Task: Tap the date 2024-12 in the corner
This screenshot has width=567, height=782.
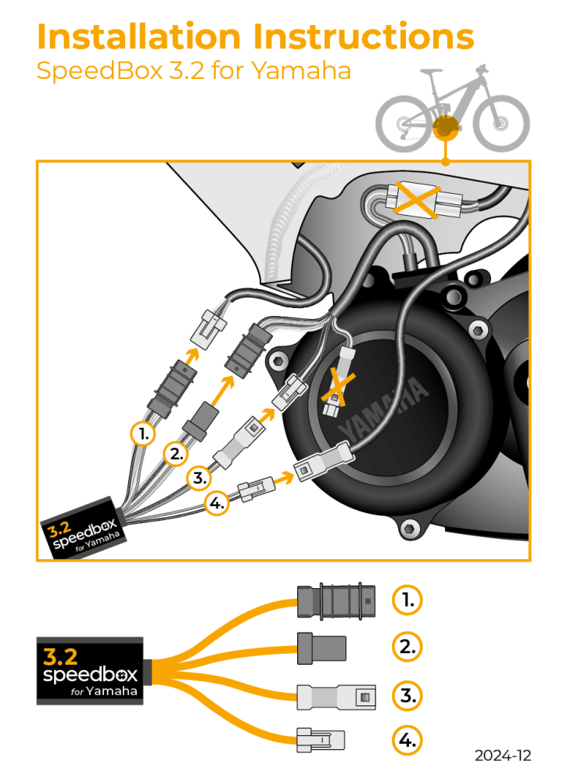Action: (x=502, y=755)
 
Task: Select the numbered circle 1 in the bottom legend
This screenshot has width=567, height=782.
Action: (x=406, y=600)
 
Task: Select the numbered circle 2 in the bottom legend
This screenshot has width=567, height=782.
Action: (x=406, y=646)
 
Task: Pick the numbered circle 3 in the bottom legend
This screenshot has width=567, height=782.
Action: (x=406, y=694)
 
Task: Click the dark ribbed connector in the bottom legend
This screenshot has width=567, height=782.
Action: (x=336, y=601)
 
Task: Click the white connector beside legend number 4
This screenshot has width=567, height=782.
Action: (x=321, y=739)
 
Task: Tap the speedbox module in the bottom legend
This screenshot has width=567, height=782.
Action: (x=88, y=670)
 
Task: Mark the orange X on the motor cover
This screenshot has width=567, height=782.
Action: (x=336, y=391)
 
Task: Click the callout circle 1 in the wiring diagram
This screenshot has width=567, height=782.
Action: (x=142, y=433)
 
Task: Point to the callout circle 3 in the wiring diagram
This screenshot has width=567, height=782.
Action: (x=199, y=476)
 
